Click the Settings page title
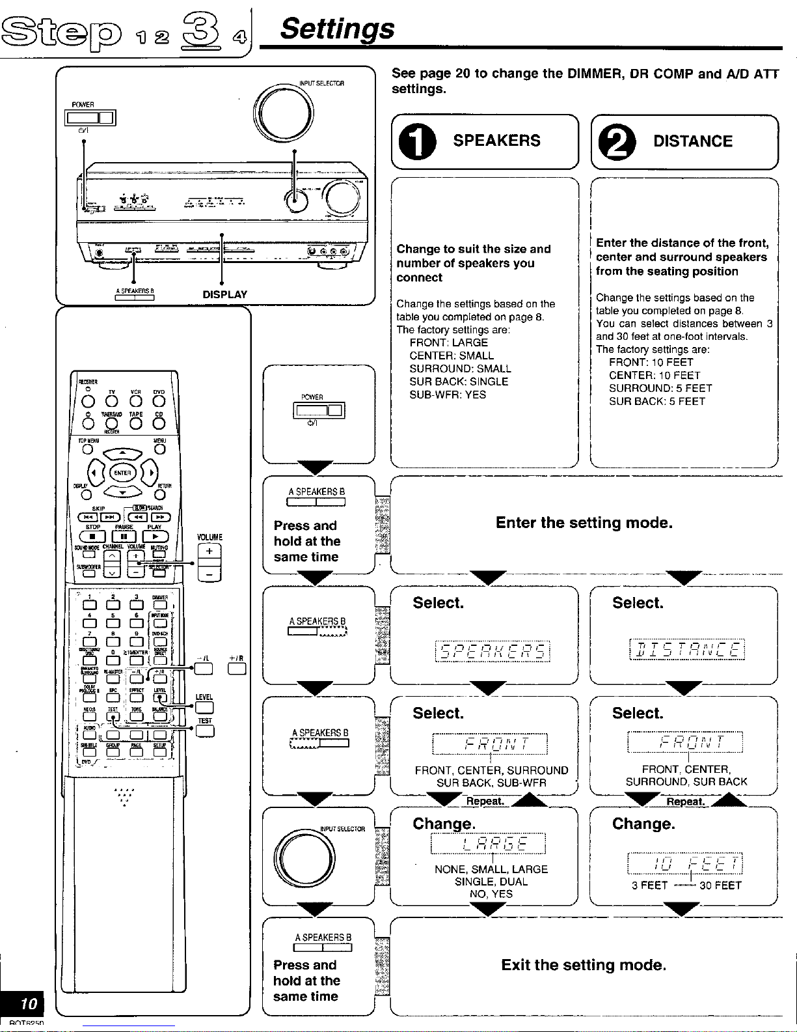(x=337, y=29)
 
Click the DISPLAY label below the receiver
(x=224, y=294)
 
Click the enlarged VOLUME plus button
(x=209, y=551)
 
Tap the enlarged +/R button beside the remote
(x=237, y=668)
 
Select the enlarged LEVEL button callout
(x=204, y=708)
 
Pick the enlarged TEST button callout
(x=204, y=731)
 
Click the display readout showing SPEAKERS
(x=492, y=651)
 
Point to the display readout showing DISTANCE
(x=686, y=650)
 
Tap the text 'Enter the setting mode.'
(x=584, y=523)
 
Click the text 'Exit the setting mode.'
(x=584, y=965)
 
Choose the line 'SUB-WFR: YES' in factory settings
(x=448, y=395)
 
